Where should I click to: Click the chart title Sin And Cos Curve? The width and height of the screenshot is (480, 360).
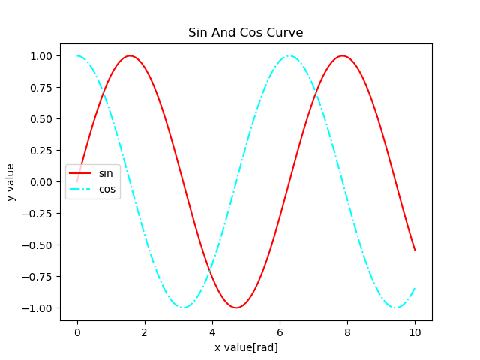(246, 33)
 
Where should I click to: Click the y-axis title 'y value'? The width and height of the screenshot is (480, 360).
(11, 182)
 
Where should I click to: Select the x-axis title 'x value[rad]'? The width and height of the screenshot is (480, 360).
(246, 347)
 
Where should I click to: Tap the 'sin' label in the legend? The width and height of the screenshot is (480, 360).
(106, 174)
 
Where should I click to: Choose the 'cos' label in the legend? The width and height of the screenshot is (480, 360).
(107, 190)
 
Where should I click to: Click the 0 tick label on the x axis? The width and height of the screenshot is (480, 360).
(76, 332)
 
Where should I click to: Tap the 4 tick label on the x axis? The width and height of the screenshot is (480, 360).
(212, 332)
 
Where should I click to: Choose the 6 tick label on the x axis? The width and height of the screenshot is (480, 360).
(280, 332)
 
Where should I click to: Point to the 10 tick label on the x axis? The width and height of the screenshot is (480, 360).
(415, 332)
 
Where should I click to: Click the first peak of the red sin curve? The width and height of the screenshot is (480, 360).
(130, 55)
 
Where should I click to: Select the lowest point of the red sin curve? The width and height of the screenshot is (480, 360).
(236, 307)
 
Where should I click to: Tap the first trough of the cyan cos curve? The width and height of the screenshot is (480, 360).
(183, 307)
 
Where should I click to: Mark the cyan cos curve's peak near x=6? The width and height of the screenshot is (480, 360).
(289, 55)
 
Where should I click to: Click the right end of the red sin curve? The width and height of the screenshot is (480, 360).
(415, 250)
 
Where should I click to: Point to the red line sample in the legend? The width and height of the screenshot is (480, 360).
(80, 174)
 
